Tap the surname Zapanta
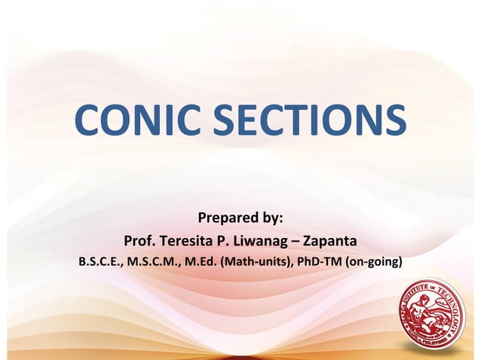coord(329,242)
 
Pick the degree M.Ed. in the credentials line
coord(203,263)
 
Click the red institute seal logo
coord(434,316)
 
